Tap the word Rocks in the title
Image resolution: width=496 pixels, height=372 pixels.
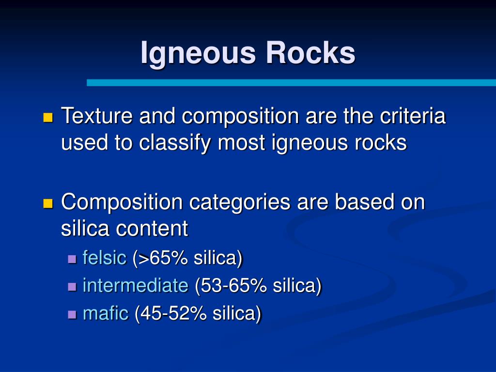[x=310, y=52]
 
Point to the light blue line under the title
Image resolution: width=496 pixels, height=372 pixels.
[x=291, y=82]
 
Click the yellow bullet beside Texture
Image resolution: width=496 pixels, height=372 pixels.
[x=48, y=117]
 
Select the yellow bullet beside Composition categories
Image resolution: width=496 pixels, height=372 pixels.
[x=48, y=203]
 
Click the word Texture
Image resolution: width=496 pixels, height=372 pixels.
[x=97, y=115]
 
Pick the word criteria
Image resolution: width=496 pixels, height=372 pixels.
[x=413, y=115]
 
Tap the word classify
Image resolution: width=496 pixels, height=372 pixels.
[x=174, y=143]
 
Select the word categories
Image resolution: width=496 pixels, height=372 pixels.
[x=240, y=202]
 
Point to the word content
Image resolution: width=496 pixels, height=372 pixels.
[x=152, y=229]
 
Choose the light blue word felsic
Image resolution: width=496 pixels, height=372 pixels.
[x=105, y=257]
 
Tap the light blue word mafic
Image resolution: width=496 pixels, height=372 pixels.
[x=106, y=313]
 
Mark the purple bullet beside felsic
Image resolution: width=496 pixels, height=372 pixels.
[x=72, y=259]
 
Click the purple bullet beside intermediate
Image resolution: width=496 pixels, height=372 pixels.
[x=72, y=287]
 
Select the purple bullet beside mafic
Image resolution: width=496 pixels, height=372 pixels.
[x=72, y=315]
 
